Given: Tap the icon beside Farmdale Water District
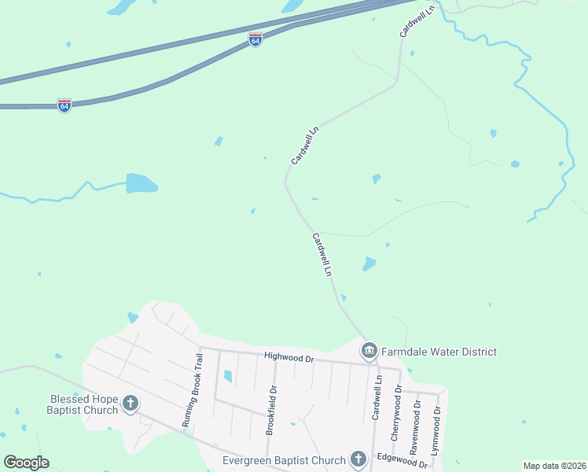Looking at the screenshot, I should pos(369,351).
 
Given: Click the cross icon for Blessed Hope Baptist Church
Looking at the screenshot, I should pos(130,404).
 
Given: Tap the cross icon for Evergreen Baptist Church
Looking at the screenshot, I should pos(358,459).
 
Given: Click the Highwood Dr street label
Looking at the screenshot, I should pos(288,358).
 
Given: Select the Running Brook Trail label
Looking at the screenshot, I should pos(193,390).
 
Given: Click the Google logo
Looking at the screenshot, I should pos(26,463).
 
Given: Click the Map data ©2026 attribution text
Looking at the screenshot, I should pos(554,466).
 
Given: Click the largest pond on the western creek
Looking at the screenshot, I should pos(141,183).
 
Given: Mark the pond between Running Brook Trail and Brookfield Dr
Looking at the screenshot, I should pos(228,377).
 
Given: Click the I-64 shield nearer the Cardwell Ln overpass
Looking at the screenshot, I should pos(255,39).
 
